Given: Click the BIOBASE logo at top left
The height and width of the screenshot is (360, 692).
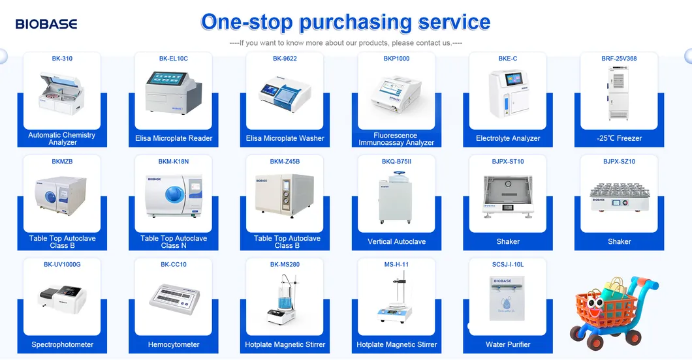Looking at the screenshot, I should pos(46,24).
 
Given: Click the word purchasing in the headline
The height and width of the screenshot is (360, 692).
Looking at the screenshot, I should pos(355,22).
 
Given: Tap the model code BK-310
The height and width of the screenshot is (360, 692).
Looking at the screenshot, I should pos(62,59).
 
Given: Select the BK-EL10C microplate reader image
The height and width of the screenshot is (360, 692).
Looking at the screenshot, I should pos(173,95).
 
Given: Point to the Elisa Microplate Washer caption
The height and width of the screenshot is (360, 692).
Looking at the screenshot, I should pos(285,138).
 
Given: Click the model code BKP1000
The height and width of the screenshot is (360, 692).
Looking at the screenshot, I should pos(396,59).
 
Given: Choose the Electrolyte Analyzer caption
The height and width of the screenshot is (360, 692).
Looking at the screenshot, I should pos(508,138).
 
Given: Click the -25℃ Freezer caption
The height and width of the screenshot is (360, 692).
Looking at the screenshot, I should pos(619,138).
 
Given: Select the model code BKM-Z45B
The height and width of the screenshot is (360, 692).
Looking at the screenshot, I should pos(285,162).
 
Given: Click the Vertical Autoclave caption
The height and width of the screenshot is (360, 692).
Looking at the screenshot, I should pos(396,241).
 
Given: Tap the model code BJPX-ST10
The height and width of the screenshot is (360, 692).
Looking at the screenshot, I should pos(508,162).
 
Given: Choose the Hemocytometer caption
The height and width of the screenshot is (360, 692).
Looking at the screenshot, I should pos(174,344).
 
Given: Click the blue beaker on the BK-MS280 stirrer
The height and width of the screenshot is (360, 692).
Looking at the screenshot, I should pos(285,304).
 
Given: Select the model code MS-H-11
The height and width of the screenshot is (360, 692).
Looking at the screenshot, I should pos(396,265).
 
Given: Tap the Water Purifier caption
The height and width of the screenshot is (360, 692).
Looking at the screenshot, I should pos(508,344).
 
